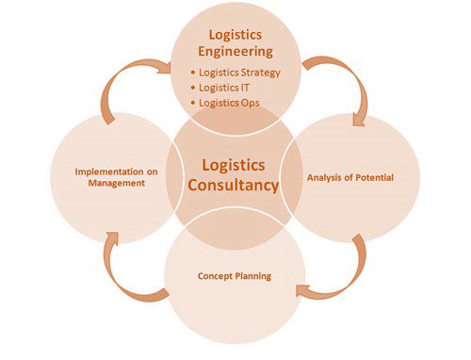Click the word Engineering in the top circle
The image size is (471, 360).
click(x=235, y=52)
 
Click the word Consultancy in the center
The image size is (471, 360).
click(x=233, y=185)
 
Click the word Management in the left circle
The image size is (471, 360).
click(x=117, y=183)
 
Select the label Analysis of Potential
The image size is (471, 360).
click(x=350, y=178)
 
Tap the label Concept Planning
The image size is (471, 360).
click(x=235, y=276)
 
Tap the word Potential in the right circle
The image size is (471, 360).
click(x=374, y=178)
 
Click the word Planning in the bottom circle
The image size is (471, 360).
click(x=253, y=276)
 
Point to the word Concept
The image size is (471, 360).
click(x=215, y=276)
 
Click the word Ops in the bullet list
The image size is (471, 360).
click(x=251, y=104)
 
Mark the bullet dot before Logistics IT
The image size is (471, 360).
click(x=193, y=88)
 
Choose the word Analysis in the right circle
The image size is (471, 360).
click(x=324, y=178)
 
